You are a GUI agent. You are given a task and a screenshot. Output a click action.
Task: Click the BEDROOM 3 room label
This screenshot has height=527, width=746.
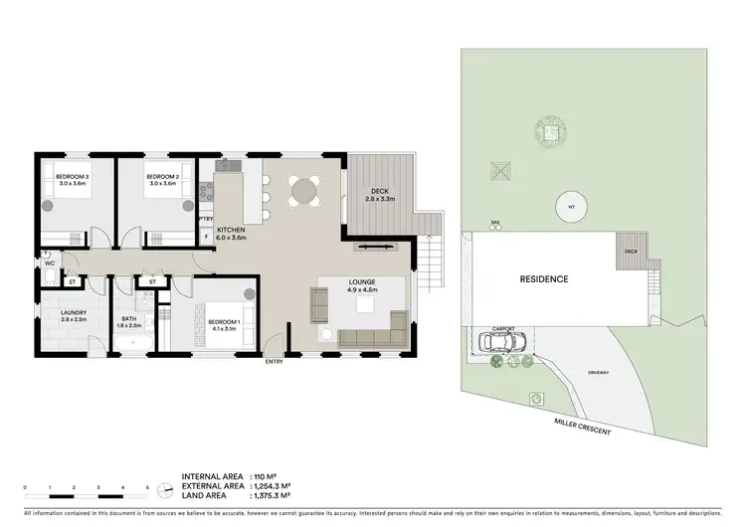click(x=73, y=178)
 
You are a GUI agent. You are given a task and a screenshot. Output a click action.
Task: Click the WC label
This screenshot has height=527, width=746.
click(x=47, y=263)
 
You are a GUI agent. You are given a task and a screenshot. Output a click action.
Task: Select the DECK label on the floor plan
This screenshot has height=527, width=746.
click(x=379, y=192)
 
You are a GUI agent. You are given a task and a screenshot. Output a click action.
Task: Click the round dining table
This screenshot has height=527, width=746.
click(x=304, y=189)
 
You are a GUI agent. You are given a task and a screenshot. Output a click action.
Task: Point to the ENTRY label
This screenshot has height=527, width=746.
click(x=274, y=361)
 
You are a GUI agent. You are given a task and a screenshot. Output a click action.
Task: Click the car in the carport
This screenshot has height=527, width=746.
click(x=502, y=343)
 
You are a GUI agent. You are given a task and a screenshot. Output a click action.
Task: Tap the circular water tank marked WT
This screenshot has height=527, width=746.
click(x=570, y=207)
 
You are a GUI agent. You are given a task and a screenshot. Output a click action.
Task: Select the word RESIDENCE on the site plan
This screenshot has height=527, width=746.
click(x=544, y=279)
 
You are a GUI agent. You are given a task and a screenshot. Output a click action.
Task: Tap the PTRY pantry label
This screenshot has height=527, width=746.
click(x=206, y=219)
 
